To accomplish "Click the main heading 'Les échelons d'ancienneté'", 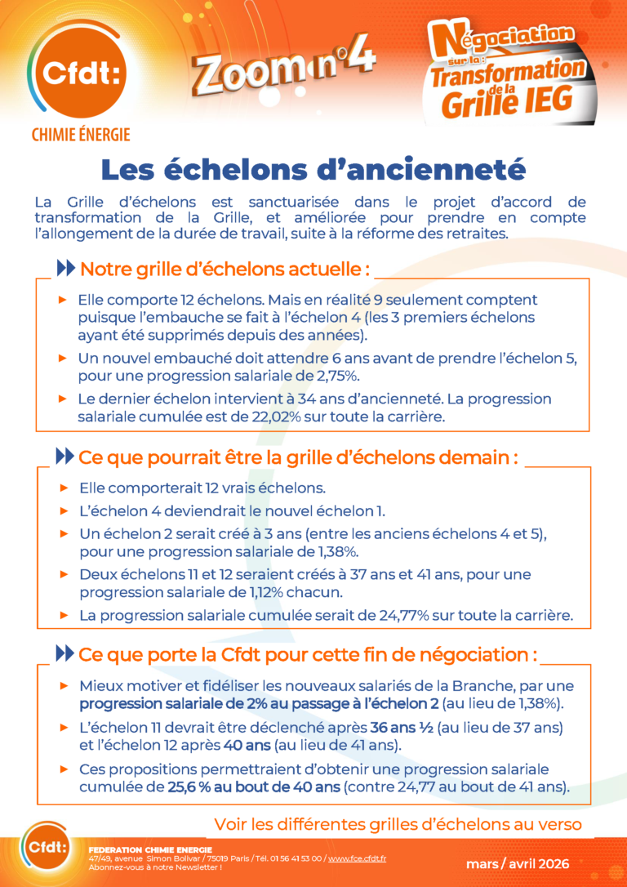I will pos(313,169).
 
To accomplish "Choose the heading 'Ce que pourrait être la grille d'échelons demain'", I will pos(298,457).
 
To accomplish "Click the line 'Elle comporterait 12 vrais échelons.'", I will pos(202,488).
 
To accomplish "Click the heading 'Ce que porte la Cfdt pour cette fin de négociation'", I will pos(309,655).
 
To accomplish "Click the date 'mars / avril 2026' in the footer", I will pos(518,863).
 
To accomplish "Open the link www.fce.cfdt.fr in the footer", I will pos(357,858).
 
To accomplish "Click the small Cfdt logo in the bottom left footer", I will pos(46,849).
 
